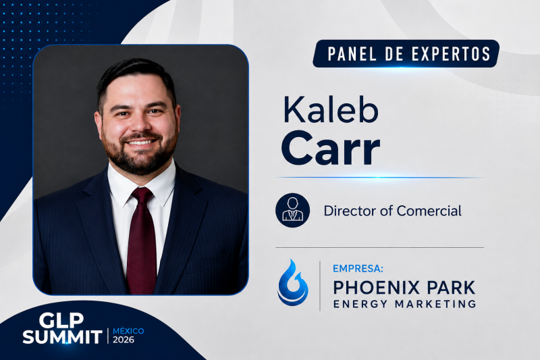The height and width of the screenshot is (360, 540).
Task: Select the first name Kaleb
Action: pyautogui.click(x=330, y=109)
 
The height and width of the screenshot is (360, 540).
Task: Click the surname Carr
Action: pyautogui.click(x=330, y=149)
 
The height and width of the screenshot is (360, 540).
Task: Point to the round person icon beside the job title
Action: pyautogui.click(x=292, y=210)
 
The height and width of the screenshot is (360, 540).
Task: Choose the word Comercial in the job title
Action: pyautogui.click(x=429, y=211)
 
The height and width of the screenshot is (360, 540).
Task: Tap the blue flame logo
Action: pyautogui.click(x=293, y=283)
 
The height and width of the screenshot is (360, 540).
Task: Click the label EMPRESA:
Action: pyautogui.click(x=358, y=268)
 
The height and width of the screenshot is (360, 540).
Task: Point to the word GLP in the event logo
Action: pyautogui.click(x=61, y=320)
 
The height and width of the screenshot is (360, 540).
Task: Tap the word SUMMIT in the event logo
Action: pyautogui.click(x=63, y=336)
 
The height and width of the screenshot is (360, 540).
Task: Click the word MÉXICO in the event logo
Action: pyautogui.click(x=128, y=331)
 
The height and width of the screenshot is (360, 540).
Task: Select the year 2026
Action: pyautogui.click(x=124, y=340)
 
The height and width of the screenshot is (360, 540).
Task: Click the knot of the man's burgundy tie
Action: pyautogui.click(x=142, y=196)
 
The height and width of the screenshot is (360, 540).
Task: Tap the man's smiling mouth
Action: pyautogui.click(x=140, y=142)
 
